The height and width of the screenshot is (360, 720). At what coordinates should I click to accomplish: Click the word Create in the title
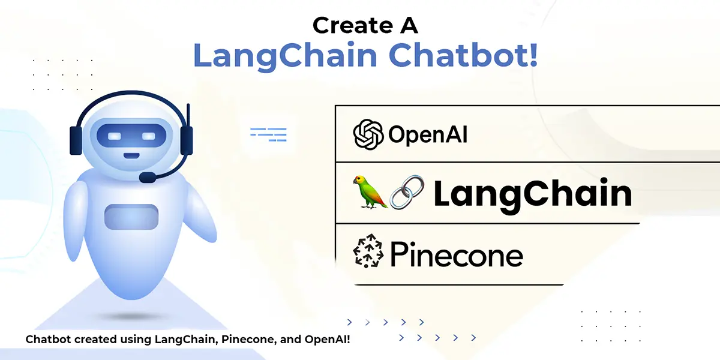click(353, 25)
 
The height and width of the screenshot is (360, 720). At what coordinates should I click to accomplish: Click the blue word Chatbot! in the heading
click(463, 55)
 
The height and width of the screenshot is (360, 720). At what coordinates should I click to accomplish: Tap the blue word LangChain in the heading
click(285, 56)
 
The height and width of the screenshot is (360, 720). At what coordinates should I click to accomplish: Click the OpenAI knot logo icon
click(368, 134)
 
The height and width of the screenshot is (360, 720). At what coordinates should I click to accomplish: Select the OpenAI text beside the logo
click(428, 134)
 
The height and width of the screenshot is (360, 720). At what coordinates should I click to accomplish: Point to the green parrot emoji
click(370, 192)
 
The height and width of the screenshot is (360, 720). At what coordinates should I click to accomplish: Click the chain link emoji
click(407, 192)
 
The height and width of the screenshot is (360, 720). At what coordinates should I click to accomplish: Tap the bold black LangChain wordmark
click(533, 195)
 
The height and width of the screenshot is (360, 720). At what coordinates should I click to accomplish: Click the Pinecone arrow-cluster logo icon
click(368, 251)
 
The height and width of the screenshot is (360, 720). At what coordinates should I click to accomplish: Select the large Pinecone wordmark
click(457, 254)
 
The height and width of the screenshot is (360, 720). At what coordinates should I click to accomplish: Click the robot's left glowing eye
click(114, 137)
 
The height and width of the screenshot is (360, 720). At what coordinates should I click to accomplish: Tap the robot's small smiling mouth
click(131, 156)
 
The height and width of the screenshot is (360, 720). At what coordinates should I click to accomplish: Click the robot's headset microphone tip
click(147, 178)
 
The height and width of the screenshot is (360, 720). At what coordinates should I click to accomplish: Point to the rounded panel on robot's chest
click(131, 217)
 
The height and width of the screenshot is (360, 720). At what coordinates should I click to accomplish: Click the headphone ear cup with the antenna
click(187, 140)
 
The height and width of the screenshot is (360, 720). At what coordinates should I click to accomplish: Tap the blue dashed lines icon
click(268, 134)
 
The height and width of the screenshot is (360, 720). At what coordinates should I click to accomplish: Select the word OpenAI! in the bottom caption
click(327, 340)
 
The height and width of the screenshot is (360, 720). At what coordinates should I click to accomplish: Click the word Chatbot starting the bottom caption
click(48, 340)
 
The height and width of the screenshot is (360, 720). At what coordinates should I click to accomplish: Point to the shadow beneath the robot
click(131, 317)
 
